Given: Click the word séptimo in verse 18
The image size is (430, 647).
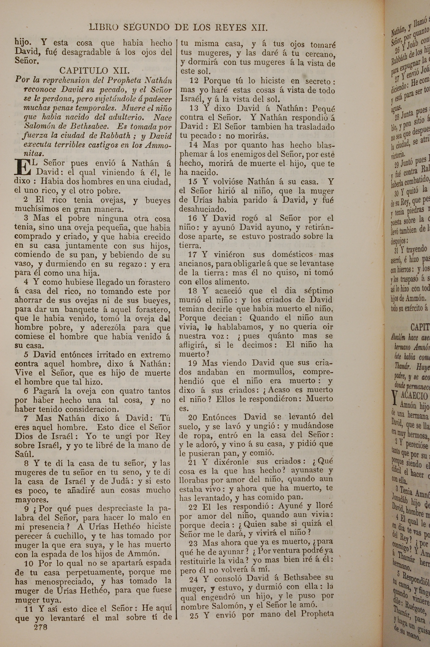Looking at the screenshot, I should (318, 291).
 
